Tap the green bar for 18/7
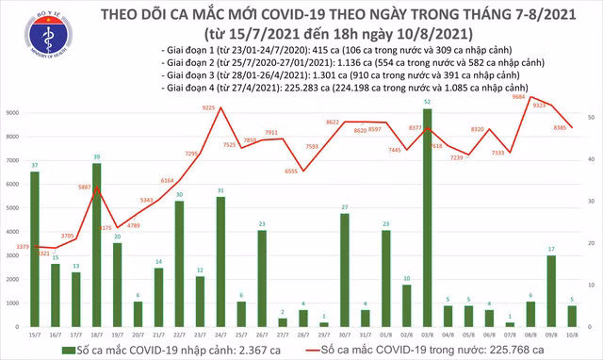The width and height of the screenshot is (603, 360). [x=97, y=244]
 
